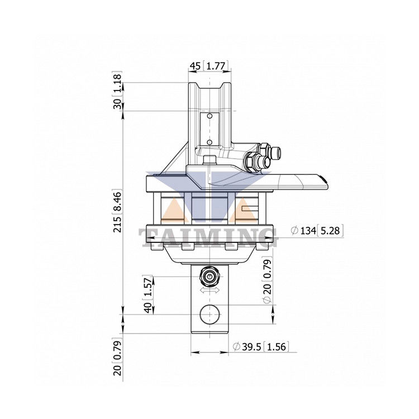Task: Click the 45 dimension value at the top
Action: pos(195,66)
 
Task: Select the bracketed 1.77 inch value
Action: pos(215,66)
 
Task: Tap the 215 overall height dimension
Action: pos(117,223)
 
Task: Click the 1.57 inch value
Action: pos(148,287)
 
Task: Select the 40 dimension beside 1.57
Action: pos(148,307)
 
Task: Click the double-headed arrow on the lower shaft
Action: pos(210,291)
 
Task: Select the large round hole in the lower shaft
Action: pos(210,314)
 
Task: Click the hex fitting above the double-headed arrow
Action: pos(210,276)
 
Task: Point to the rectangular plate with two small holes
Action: pos(209,127)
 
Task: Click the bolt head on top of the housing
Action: pos(210,161)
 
